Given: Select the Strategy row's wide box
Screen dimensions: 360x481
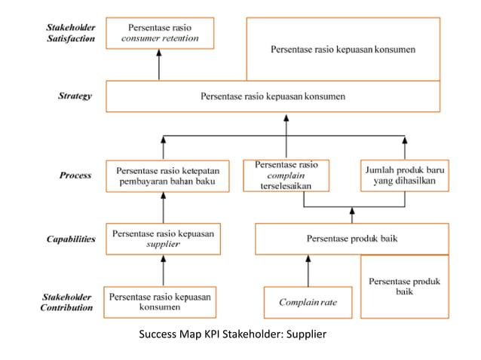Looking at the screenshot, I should pos(272,96).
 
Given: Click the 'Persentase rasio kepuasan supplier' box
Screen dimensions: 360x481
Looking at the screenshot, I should pos(163,239).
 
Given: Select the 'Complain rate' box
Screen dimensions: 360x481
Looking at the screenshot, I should pos(308,302).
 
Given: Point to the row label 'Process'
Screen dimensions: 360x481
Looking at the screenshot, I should pos(75,175).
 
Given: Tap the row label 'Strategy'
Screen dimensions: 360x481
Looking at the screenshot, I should pos(75,96).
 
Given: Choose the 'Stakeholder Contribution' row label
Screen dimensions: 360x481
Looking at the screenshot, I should pos(68,301).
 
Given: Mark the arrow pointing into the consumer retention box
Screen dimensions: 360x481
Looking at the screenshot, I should pos(159,66).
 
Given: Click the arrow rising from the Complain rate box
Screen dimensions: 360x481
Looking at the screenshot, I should pos(308,270).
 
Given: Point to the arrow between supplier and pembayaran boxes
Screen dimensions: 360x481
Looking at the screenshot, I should pos(163,207).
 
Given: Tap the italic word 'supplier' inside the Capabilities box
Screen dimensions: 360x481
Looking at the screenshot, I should pos(163,245).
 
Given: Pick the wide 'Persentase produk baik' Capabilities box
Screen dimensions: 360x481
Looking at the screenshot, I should pos(347,239).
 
